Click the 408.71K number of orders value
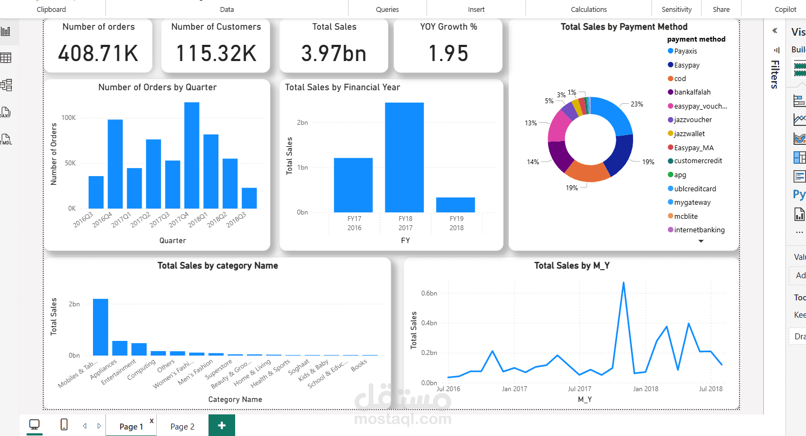point(98,53)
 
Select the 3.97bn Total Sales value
point(334,53)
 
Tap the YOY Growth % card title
point(448,26)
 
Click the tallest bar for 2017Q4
point(192,155)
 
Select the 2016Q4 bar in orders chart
point(115,164)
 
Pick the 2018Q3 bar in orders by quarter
point(249,198)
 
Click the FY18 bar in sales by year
point(404,157)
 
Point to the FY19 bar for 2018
point(455,205)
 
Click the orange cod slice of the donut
point(587,172)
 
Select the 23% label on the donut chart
point(636,104)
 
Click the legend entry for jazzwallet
point(689,133)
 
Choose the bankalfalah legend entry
point(693,92)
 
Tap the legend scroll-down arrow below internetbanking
point(701,241)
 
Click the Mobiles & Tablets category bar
point(101,327)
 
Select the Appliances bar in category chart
point(119,348)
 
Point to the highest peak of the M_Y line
point(623,282)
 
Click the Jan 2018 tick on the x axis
point(646,388)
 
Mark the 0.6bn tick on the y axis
point(429,293)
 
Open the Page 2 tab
point(182,426)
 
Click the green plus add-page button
point(222,425)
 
